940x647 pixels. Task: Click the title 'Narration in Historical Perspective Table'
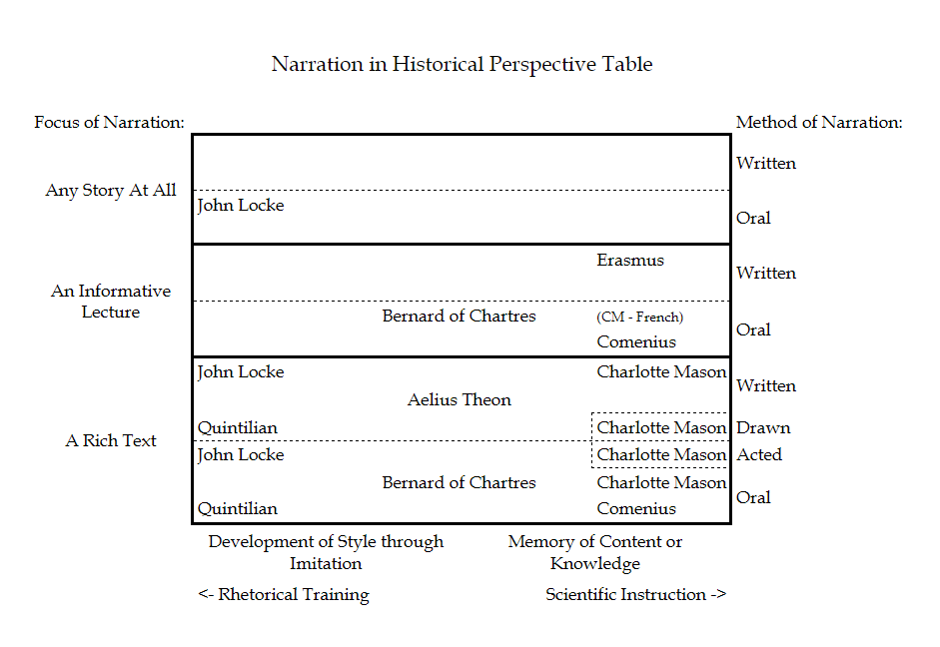point(462,65)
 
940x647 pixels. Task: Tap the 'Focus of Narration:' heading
point(109,123)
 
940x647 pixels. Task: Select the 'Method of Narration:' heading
point(819,123)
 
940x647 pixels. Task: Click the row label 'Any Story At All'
point(111,191)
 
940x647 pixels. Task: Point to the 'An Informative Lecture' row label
point(111,302)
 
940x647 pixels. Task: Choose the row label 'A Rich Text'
point(111,441)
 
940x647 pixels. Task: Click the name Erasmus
point(630,261)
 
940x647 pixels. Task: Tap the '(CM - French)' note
point(640,318)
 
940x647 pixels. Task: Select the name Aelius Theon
point(460,400)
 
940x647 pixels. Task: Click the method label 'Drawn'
point(763,428)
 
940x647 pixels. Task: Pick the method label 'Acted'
point(759,455)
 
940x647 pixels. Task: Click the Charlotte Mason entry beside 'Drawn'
point(661,428)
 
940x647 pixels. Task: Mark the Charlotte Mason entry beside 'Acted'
point(661,455)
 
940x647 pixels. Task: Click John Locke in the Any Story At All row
point(241,206)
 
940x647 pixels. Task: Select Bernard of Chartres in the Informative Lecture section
point(459,317)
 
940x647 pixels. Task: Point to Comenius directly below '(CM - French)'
point(636,342)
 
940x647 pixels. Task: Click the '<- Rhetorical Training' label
point(284,595)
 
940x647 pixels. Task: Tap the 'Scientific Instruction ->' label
point(635,595)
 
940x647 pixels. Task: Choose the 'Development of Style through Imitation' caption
point(326,552)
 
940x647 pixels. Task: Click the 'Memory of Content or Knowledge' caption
point(595,552)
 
